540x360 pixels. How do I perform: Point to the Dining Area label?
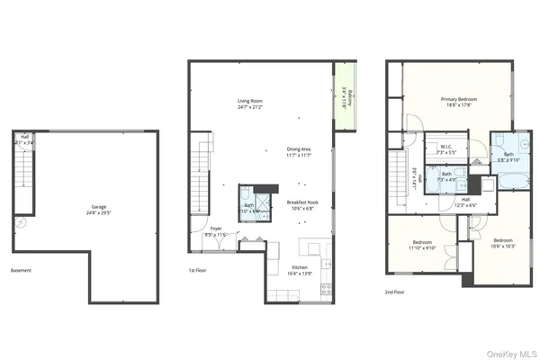tap(300, 152)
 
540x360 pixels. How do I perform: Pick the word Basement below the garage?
tap(21, 270)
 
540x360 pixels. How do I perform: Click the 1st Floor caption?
tap(199, 270)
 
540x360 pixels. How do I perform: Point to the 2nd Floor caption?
tap(394, 292)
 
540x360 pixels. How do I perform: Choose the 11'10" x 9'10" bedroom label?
tap(423, 245)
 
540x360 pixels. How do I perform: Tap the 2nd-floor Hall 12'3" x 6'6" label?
tap(464, 202)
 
